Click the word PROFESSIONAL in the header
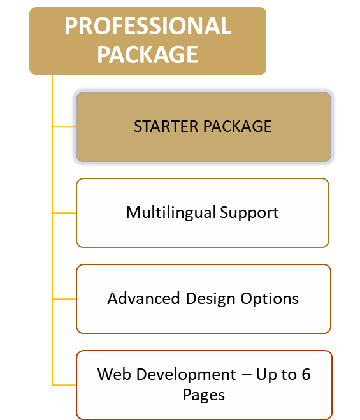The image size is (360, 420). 148,26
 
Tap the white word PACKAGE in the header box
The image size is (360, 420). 148,55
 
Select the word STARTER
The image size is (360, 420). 166,126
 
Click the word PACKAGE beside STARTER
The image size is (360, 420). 237,126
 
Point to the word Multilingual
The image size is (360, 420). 171,214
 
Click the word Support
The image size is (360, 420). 249,214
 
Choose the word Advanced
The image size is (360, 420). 143,298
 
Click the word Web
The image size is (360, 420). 114,374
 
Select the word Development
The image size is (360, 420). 186,375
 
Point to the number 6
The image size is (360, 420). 306,374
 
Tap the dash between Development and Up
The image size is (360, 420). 246,375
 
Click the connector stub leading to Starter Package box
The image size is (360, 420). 64,127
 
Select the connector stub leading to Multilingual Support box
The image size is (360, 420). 64,213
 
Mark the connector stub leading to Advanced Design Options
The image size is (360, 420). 64,299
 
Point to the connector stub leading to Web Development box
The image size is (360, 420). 64,385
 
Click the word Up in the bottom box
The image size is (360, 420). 266,375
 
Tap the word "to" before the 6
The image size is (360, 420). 288,375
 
